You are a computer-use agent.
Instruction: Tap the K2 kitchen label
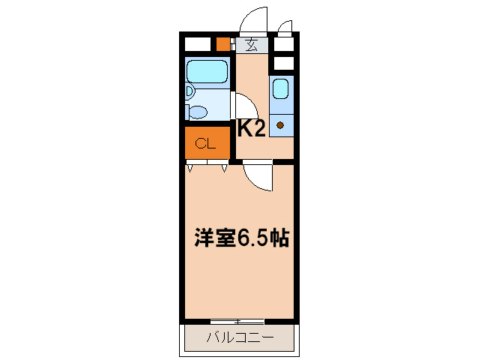tap(252, 129)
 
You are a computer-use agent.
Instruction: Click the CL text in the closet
tap(205, 142)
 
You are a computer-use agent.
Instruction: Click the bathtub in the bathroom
tap(207, 72)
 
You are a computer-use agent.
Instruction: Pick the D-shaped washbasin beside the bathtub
tap(190, 91)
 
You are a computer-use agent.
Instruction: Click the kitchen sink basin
tap(280, 89)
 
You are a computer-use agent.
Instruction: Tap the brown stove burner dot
tap(281, 124)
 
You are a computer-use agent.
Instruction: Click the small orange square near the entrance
tap(223, 43)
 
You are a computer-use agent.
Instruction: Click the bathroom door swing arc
tap(244, 105)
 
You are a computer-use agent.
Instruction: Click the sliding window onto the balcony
tap(238, 321)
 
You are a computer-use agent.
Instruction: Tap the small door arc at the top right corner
tap(285, 28)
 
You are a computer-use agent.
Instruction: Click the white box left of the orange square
tap(199, 43)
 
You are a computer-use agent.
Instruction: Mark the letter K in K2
tap(245, 129)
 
